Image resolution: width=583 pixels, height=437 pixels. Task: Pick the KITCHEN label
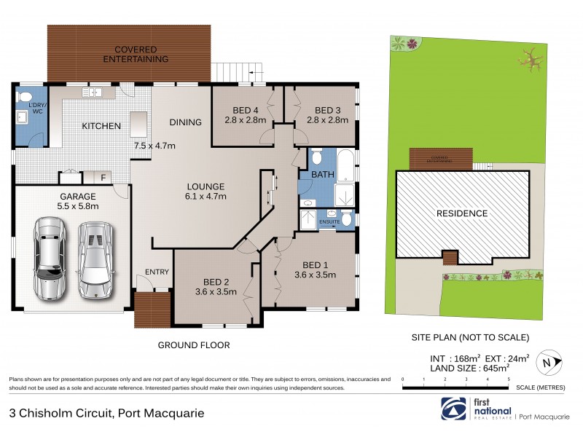click(101, 126)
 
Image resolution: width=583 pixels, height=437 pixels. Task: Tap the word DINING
click(185, 122)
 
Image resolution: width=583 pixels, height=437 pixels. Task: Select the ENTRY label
click(157, 272)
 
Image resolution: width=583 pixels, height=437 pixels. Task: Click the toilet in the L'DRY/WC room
click(24, 98)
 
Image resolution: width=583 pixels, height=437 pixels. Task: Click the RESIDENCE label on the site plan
click(461, 213)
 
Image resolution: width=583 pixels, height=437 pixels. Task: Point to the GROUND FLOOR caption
click(195, 345)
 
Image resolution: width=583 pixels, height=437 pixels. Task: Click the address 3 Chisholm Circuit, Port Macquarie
click(106, 412)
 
